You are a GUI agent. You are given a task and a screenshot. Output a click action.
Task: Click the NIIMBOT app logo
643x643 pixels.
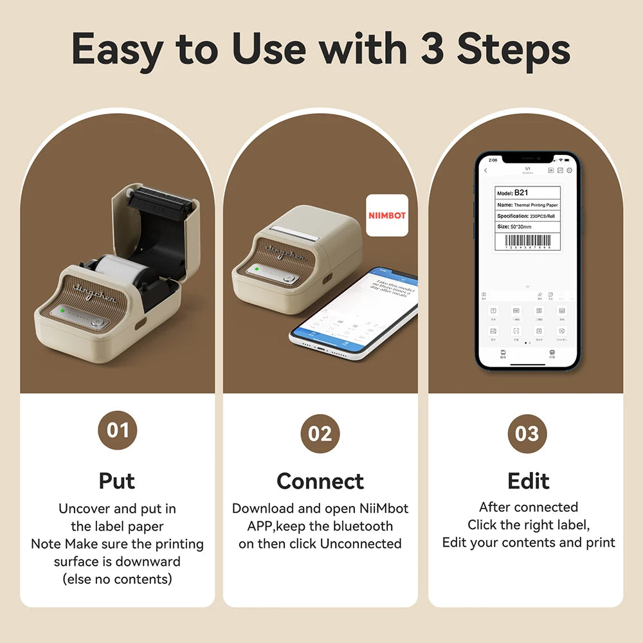(387, 215)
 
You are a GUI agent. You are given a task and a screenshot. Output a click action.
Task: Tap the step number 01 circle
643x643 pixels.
(117, 430)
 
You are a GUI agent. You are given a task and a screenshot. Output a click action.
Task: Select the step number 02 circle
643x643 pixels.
(320, 433)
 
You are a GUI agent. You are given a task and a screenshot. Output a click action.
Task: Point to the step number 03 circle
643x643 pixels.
(527, 433)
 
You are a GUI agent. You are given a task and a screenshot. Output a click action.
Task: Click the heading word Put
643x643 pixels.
(117, 480)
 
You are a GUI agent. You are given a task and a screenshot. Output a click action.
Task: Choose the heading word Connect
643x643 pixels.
(320, 481)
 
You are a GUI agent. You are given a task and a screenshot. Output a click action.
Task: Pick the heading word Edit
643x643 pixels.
(528, 481)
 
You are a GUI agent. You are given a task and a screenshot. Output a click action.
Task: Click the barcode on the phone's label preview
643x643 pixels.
(528, 241)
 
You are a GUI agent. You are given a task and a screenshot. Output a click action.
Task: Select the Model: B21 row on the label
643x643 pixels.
(527, 192)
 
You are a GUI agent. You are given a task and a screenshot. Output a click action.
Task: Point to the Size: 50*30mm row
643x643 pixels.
(527, 226)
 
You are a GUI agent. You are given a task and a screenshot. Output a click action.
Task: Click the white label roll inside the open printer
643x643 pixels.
(119, 265)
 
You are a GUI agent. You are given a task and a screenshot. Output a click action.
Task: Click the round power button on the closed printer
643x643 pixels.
(291, 278)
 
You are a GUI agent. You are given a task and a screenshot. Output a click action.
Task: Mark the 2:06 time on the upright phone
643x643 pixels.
(493, 159)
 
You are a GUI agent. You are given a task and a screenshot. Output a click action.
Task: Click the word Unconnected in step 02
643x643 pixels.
(361, 543)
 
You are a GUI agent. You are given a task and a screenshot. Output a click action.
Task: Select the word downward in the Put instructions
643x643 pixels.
(149, 561)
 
